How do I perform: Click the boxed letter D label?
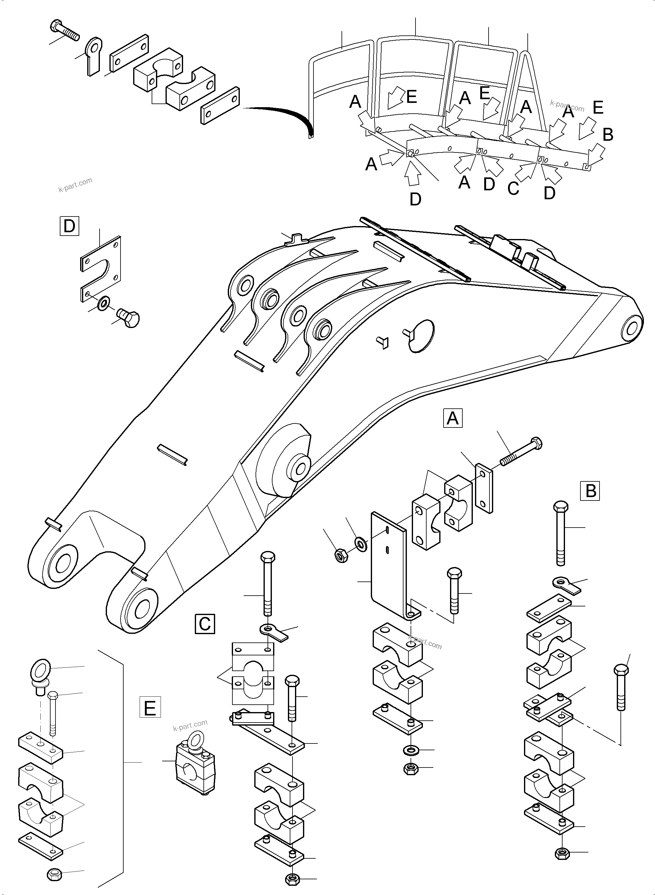[x=69, y=226]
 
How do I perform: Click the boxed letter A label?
[x=452, y=418]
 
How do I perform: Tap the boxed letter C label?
[x=205, y=624]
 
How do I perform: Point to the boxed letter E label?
[x=150, y=707]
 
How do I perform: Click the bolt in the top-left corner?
[x=65, y=30]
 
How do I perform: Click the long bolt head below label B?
[x=561, y=507]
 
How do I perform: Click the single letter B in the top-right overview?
[x=608, y=135]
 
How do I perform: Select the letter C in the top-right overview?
[x=513, y=188]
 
